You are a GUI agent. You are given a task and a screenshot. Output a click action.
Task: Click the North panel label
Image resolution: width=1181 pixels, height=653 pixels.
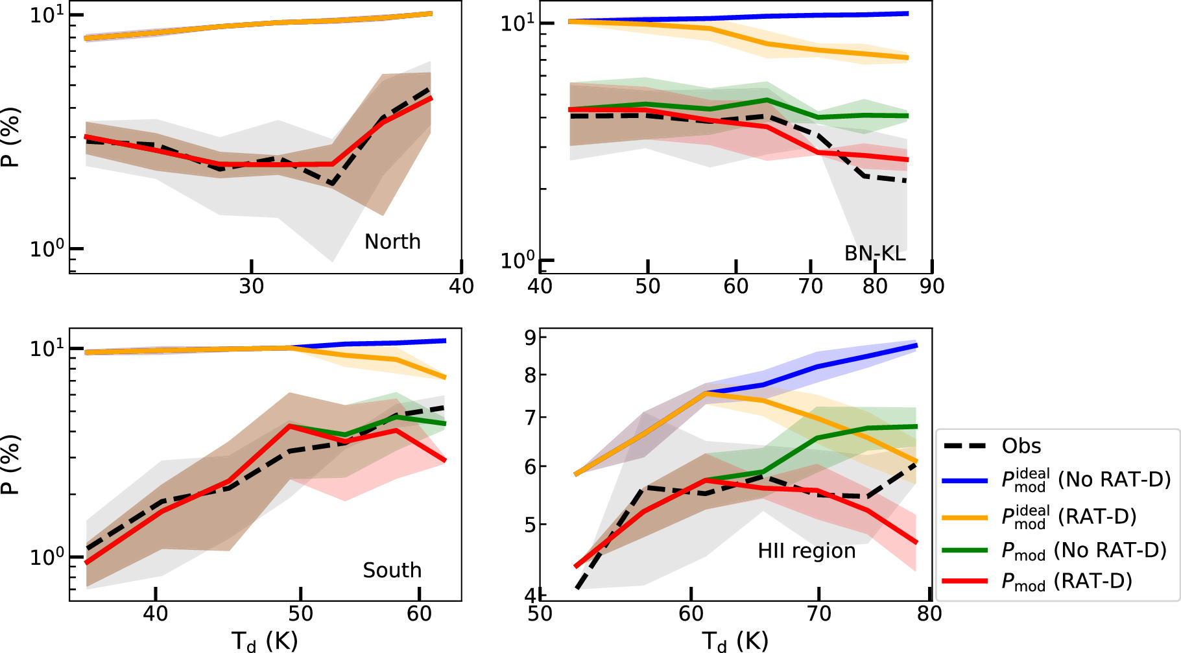click(392, 242)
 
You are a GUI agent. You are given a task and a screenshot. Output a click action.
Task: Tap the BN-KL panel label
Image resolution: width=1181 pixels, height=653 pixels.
click(874, 254)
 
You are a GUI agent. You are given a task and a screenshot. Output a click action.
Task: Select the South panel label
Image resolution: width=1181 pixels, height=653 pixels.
click(392, 571)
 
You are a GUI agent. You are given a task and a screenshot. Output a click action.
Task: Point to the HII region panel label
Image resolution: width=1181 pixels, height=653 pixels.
click(806, 551)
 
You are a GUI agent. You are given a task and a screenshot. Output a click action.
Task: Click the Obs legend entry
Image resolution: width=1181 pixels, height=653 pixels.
click(1021, 446)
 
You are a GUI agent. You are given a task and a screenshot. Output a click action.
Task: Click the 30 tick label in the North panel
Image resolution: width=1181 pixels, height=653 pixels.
click(252, 287)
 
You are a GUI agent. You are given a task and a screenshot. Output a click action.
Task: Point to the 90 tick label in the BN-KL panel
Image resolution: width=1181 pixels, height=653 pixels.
click(932, 287)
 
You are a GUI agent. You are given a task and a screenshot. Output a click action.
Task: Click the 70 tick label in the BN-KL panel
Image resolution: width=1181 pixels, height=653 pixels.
click(811, 287)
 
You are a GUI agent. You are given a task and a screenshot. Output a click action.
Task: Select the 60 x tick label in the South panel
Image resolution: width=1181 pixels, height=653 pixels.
click(420, 613)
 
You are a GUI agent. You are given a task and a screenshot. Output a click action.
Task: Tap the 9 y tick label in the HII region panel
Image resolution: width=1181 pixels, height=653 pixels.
click(531, 337)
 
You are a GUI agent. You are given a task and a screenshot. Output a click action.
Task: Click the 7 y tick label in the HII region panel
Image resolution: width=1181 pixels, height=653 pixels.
click(531, 417)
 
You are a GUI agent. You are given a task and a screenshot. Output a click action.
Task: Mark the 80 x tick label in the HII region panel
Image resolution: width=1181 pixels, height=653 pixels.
click(929, 613)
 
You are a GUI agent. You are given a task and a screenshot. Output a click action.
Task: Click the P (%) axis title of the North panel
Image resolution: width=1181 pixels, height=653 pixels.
click(11, 137)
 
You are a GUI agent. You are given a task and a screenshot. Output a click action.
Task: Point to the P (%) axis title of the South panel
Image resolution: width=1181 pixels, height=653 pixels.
click(11, 464)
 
